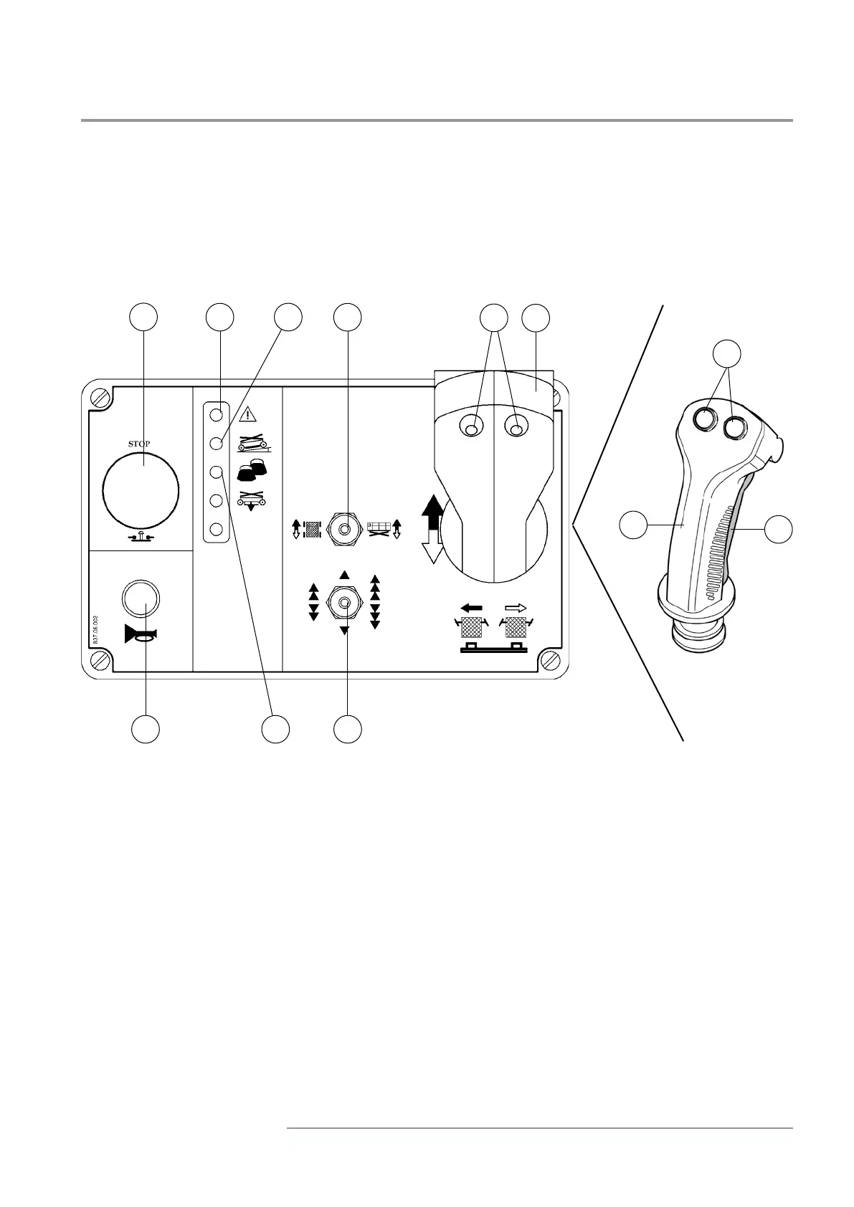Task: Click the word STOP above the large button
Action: [x=139, y=444]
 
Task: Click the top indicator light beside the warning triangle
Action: [x=216, y=414]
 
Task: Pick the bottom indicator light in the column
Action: [x=216, y=531]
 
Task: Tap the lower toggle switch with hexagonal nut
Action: [x=345, y=603]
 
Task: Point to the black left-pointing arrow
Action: [x=471, y=608]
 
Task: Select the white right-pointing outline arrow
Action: [x=516, y=608]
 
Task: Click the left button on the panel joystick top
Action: [x=470, y=429]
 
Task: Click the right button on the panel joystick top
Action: [x=516, y=429]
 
